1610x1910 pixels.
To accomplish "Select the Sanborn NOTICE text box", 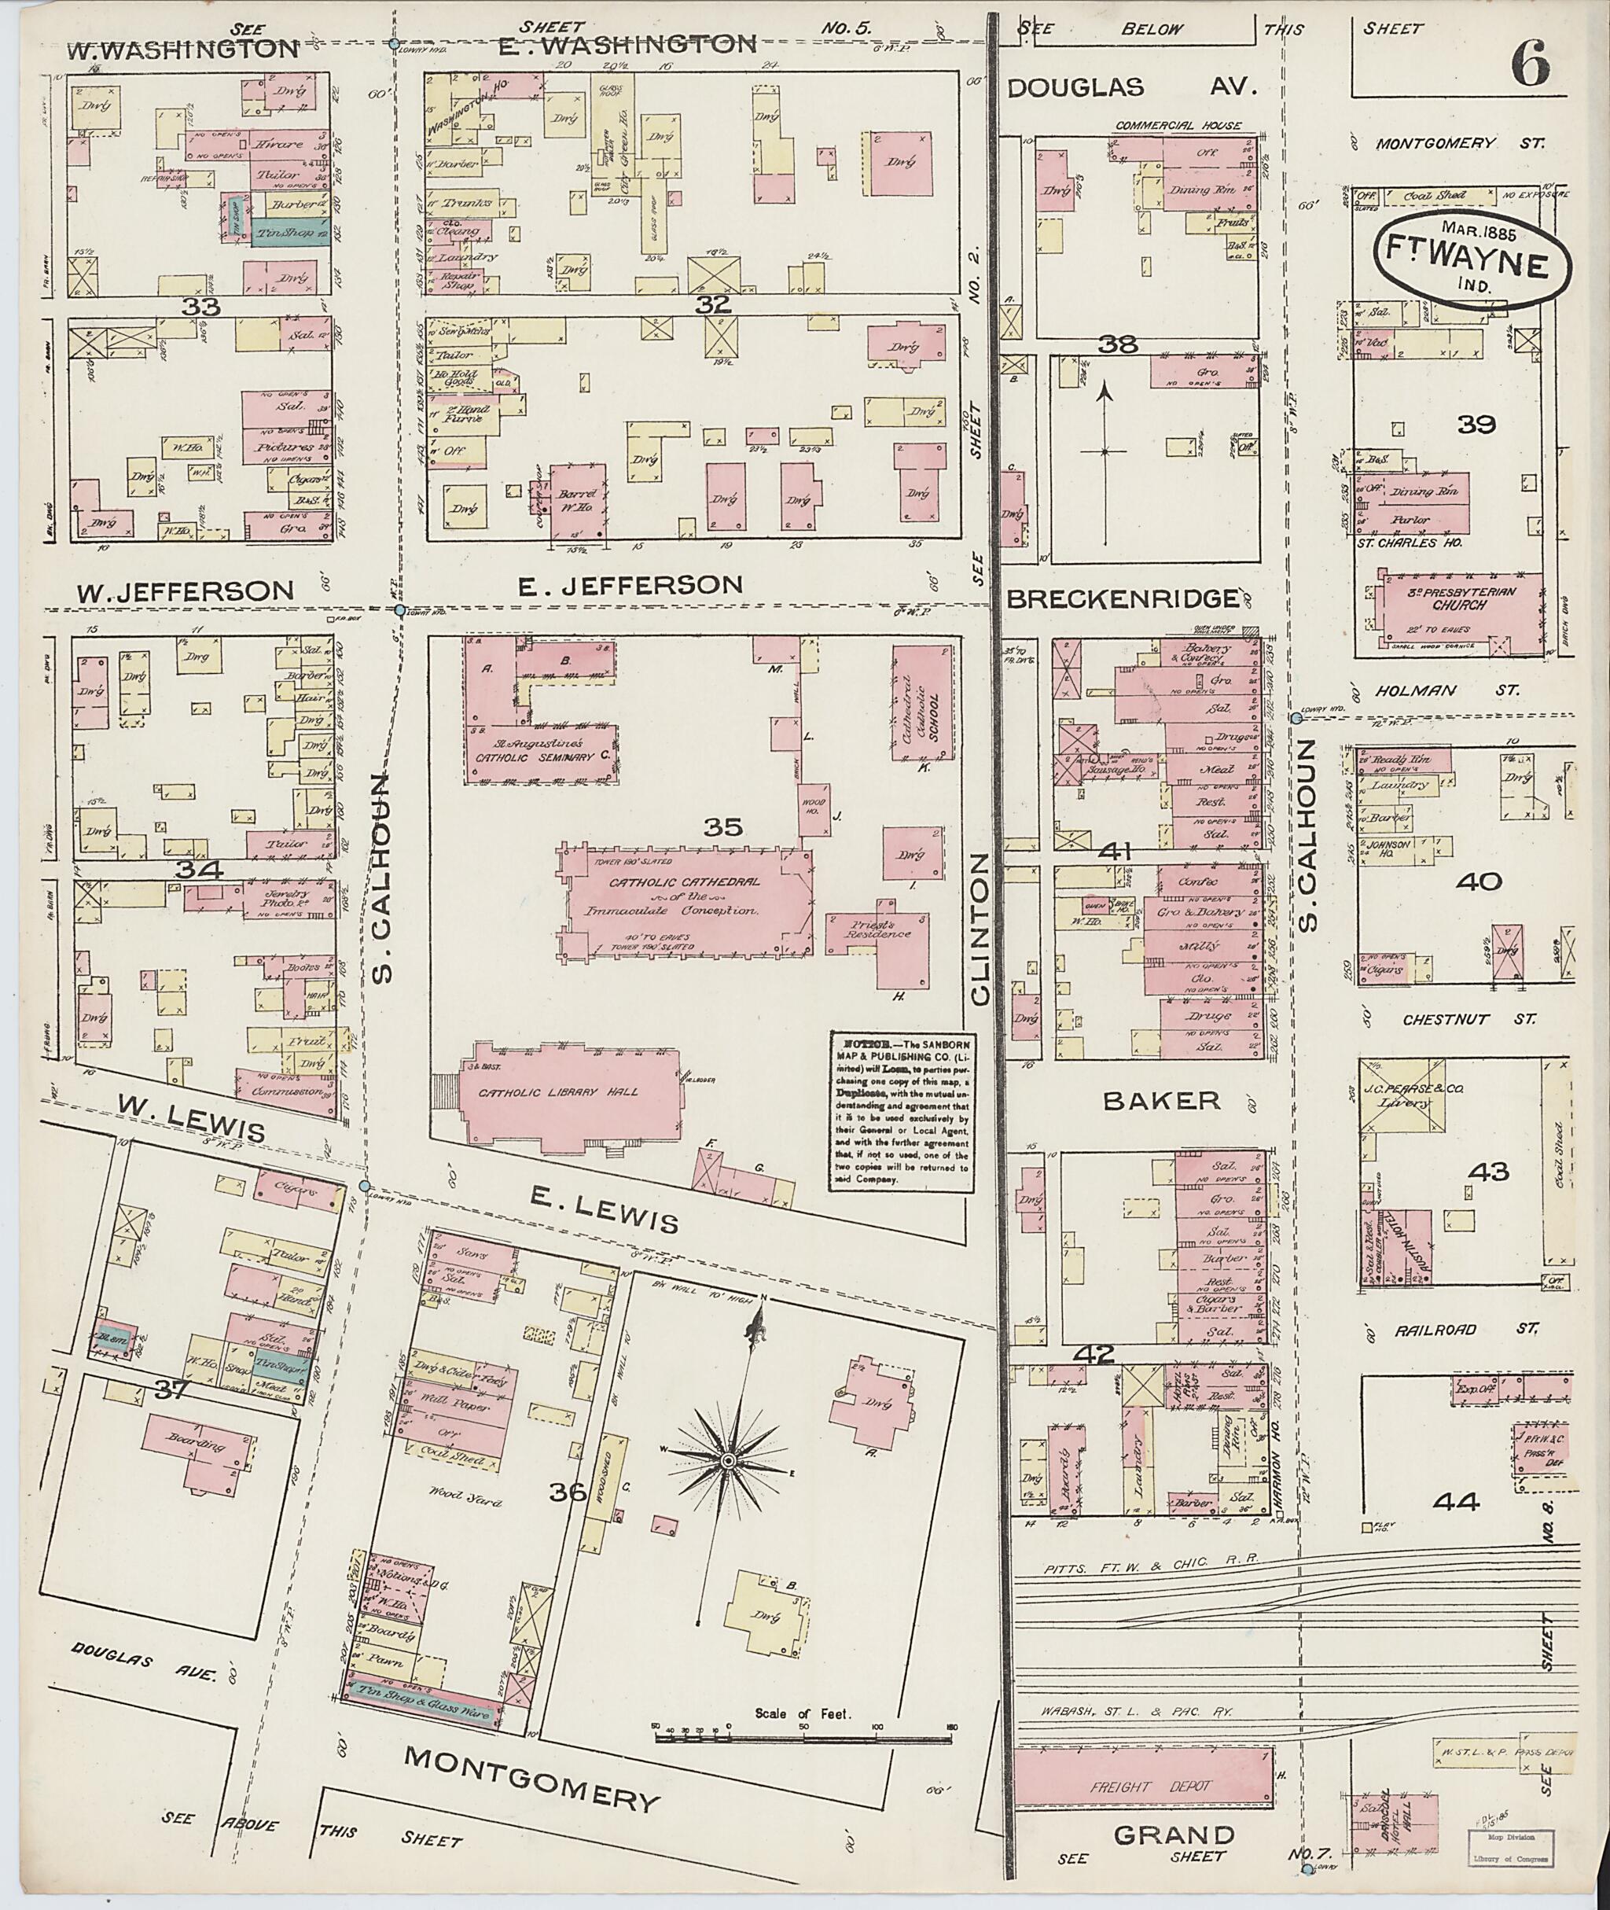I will (900, 1111).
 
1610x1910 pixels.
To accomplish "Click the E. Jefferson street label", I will (630, 584).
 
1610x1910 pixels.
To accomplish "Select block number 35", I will (723, 827).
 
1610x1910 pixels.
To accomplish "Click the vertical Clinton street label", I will (981, 929).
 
